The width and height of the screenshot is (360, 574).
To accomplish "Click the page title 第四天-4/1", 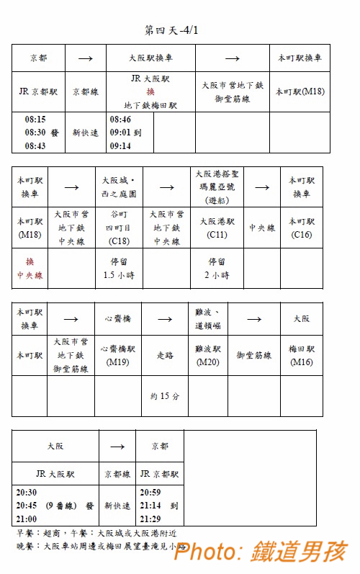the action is [171, 30].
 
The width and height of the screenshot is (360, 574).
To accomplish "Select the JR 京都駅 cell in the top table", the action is [38, 92].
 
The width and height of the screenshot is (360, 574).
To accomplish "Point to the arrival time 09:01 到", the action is [126, 133].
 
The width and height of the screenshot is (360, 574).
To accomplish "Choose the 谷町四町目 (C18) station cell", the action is [117, 228].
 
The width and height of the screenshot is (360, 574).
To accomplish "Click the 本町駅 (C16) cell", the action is [302, 228].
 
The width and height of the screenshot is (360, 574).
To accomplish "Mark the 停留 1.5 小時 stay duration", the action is [117, 268].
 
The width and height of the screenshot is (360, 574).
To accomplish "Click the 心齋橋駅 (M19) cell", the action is [117, 355].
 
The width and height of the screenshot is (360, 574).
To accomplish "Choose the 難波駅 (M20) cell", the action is [207, 355].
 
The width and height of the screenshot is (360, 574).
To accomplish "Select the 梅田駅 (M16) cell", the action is [301, 355].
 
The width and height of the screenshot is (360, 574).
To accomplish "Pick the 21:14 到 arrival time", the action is [159, 506].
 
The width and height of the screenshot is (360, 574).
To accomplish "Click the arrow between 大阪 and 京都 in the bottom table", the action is [117, 447].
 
